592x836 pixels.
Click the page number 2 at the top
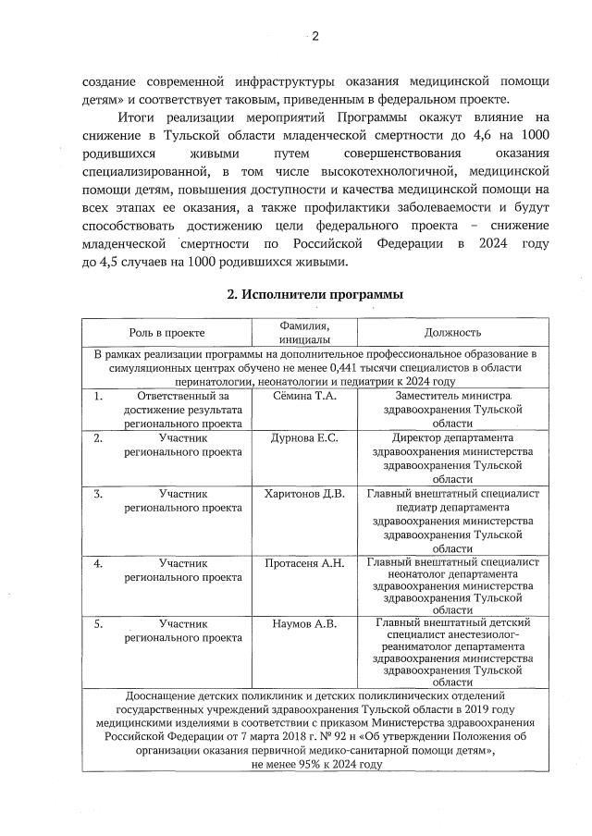pyautogui.click(x=314, y=37)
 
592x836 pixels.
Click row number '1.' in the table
pyautogui.click(x=99, y=397)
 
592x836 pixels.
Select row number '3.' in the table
pyautogui.click(x=99, y=494)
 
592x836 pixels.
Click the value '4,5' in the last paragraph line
pyautogui.click(x=112, y=261)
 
